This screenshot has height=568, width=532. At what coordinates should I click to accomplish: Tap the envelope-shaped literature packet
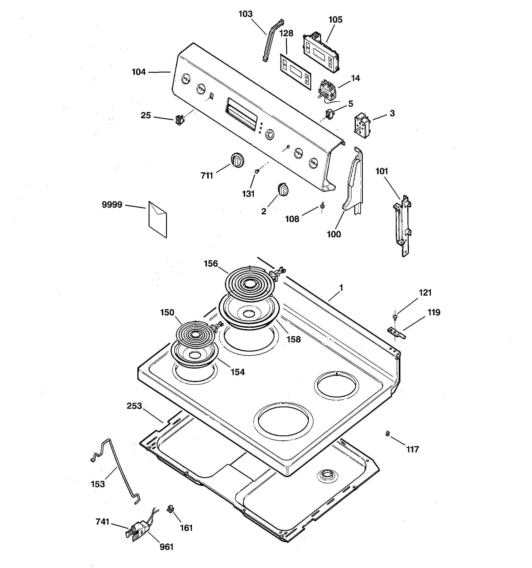click(x=158, y=219)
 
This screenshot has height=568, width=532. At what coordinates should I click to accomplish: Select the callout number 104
click(x=139, y=72)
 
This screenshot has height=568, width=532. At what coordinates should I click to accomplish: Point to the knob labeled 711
click(x=237, y=160)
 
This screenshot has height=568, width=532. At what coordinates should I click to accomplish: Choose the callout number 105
click(x=335, y=20)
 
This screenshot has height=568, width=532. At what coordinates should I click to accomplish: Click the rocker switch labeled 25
click(x=180, y=120)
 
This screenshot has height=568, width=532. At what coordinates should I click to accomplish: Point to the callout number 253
click(x=134, y=406)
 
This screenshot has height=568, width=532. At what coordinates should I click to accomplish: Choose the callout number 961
click(x=166, y=547)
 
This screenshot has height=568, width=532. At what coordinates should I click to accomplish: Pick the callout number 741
click(x=103, y=522)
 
